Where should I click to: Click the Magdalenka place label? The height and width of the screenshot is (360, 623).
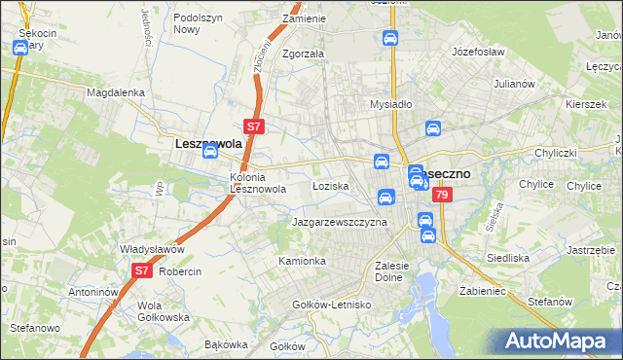click(x=115, y=92)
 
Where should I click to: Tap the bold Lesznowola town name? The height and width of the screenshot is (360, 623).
click(x=207, y=142)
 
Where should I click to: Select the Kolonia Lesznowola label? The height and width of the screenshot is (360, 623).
click(x=257, y=183)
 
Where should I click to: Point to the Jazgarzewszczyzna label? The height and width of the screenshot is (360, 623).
click(x=340, y=222)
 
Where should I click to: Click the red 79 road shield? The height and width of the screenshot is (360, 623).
click(x=443, y=196)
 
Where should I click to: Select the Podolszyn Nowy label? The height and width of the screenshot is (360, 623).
click(x=199, y=23)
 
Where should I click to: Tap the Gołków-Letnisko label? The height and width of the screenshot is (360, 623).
click(x=332, y=305)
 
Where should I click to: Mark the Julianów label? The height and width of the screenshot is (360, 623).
click(x=515, y=84)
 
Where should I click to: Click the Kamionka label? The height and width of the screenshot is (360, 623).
click(x=302, y=262)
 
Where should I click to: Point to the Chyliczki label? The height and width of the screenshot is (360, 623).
click(x=557, y=153)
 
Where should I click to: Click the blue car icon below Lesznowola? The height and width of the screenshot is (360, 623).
click(x=209, y=153)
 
